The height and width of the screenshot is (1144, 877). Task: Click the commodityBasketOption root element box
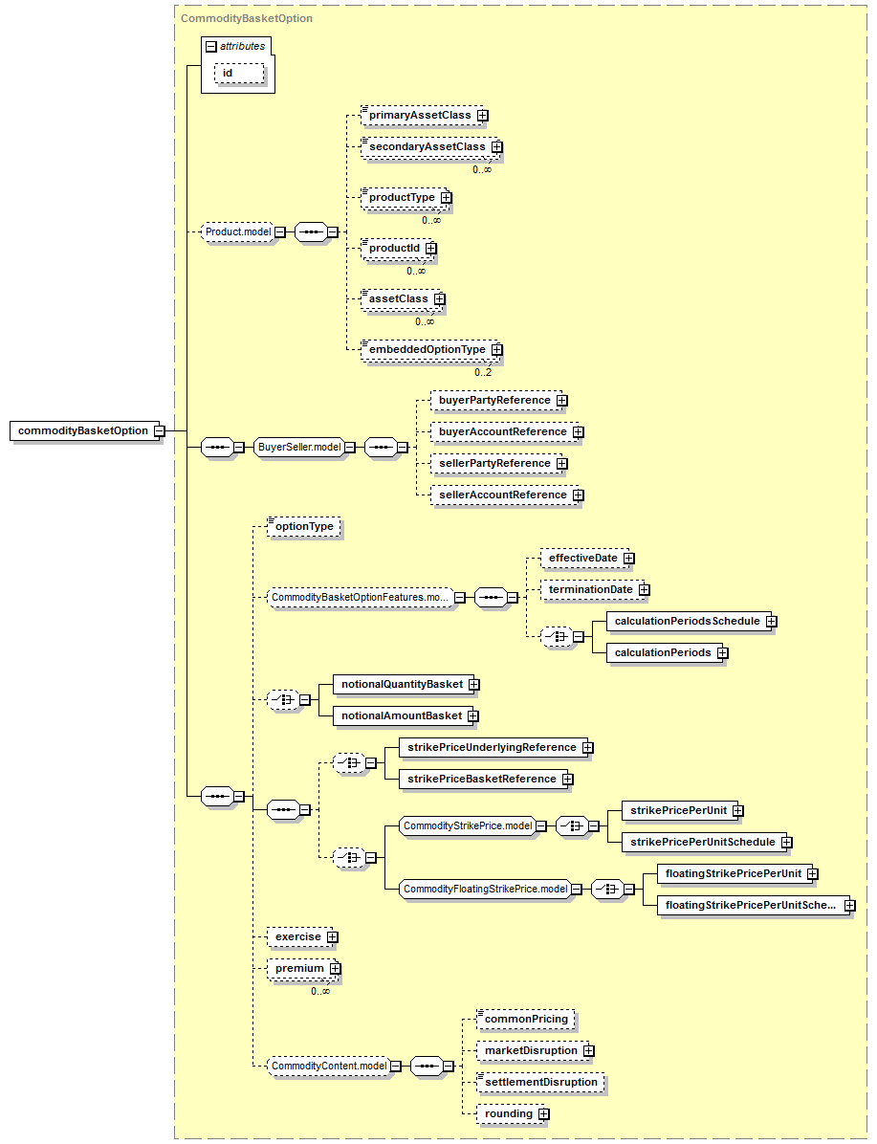coord(84,430)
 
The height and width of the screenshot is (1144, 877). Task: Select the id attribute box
coord(238,73)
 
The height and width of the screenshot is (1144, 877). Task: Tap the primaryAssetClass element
coord(422,116)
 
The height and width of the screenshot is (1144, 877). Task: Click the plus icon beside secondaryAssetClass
coord(497,146)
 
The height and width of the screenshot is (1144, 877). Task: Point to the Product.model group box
coord(238,232)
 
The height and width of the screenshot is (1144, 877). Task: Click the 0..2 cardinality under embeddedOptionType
coord(483,372)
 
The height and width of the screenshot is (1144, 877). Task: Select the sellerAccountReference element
coord(504,495)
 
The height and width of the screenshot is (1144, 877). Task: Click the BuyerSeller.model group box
coord(299,448)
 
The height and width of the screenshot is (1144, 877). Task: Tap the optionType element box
coord(304,527)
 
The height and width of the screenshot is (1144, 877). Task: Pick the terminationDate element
coord(592,589)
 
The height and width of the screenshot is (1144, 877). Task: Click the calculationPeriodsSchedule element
coord(689,621)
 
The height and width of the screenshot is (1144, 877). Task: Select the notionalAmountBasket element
coord(403,715)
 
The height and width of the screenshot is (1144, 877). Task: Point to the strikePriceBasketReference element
coord(483,780)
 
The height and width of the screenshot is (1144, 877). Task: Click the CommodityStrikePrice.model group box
coord(468,825)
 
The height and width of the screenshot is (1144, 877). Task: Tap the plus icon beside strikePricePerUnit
coord(737,810)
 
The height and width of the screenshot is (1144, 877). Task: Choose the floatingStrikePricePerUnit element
coord(734,873)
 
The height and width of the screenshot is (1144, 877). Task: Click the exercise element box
coord(299,936)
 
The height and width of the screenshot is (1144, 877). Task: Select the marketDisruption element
coord(533,1050)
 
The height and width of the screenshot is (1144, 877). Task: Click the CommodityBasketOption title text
coord(247,18)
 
